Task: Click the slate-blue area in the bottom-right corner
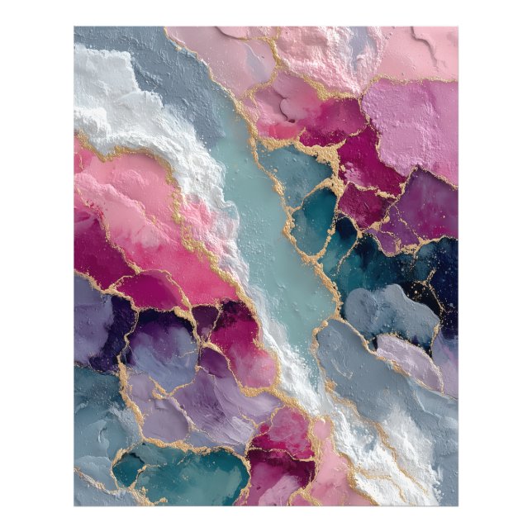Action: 430,463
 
